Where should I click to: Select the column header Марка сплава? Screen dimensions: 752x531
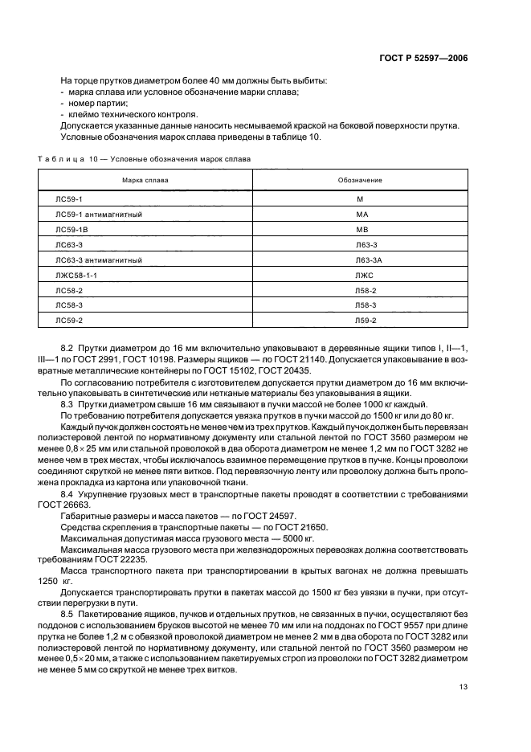(145, 180)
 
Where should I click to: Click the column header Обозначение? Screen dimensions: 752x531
(360, 180)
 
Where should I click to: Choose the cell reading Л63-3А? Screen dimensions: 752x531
(366, 260)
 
